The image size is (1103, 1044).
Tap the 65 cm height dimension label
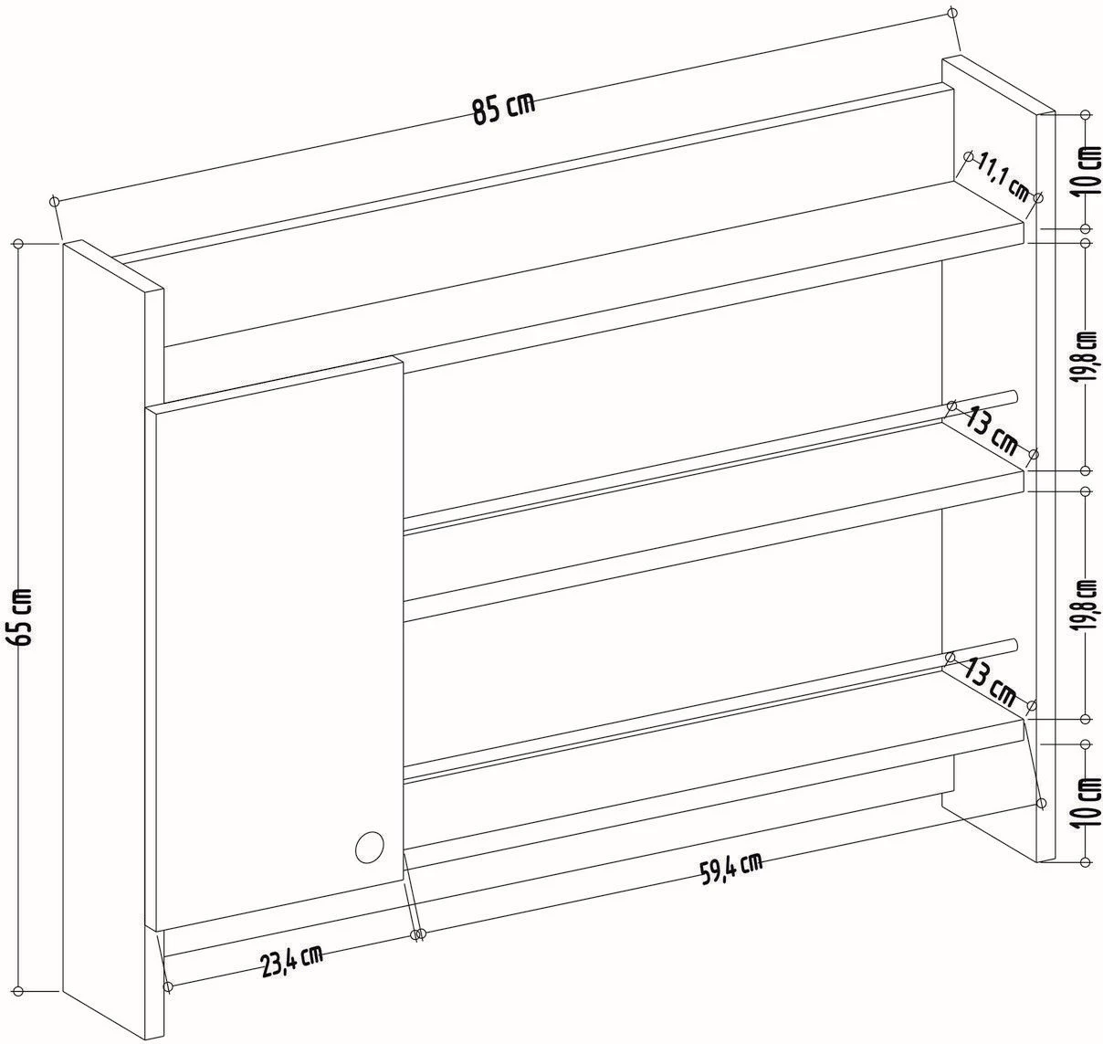pyautogui.click(x=23, y=617)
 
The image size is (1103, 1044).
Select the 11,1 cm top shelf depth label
pyautogui.click(x=1003, y=178)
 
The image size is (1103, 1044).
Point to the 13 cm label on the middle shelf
pyautogui.click(x=992, y=431)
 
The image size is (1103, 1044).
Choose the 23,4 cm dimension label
pyautogui.click(x=292, y=960)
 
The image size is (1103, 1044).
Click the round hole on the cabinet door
pyautogui.click(x=370, y=847)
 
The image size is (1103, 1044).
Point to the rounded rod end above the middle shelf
pyautogui.click(x=1014, y=396)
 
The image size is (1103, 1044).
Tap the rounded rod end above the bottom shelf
pyautogui.click(x=1013, y=646)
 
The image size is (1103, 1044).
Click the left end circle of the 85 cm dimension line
pyautogui.click(x=55, y=200)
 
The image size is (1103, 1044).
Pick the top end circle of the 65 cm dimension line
pyautogui.click(x=18, y=244)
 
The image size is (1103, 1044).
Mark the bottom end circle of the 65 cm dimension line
pyautogui.click(x=18, y=991)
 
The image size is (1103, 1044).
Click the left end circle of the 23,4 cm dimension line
pyautogui.click(x=167, y=986)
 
